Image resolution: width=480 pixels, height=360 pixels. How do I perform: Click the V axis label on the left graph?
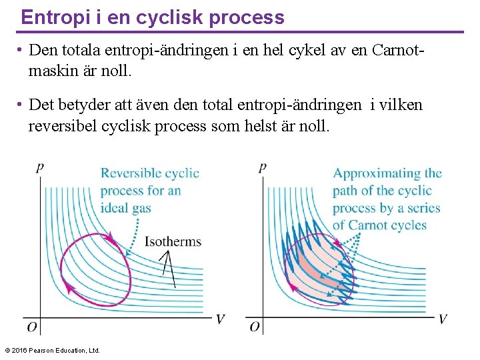click(x=221, y=319)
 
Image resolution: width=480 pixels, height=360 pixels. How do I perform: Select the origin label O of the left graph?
click(x=31, y=327)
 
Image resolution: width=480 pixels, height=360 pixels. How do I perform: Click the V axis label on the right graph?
click(x=443, y=319)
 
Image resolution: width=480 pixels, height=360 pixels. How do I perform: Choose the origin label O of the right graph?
click(x=255, y=327)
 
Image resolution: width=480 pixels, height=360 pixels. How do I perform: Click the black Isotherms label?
click(x=173, y=241)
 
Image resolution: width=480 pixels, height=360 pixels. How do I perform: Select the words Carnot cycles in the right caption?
click(x=387, y=225)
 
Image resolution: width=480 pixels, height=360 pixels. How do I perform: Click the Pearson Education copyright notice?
click(x=52, y=350)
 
